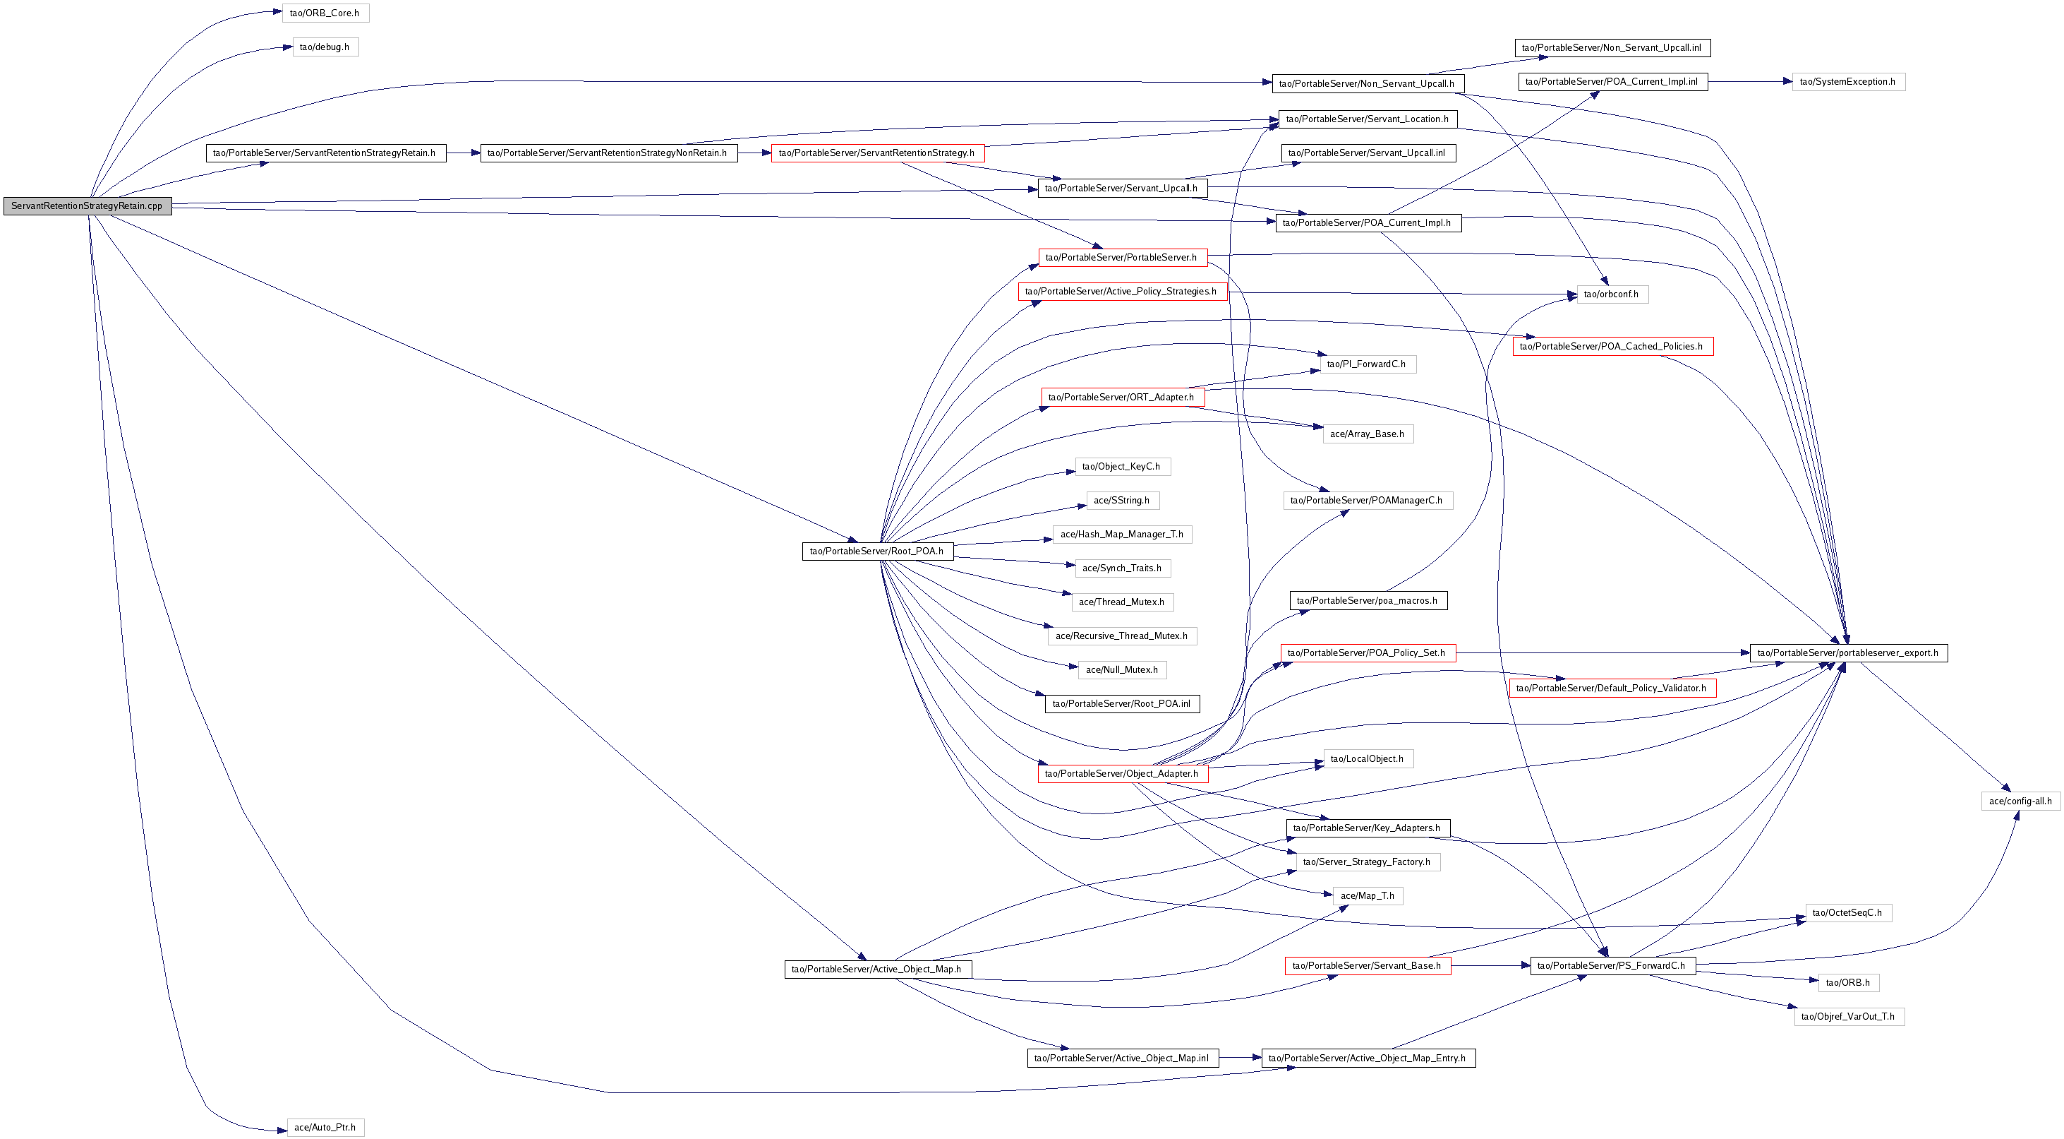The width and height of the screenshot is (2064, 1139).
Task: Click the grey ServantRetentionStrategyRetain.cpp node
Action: pyautogui.click(x=87, y=206)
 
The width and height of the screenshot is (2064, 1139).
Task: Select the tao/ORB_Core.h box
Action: pyautogui.click(x=325, y=13)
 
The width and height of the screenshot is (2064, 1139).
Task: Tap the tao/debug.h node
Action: pyautogui.click(x=325, y=47)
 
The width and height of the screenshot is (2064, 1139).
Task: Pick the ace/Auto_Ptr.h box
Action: pyautogui.click(x=325, y=1127)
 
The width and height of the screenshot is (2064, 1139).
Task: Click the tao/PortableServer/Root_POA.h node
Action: pyautogui.click(x=876, y=551)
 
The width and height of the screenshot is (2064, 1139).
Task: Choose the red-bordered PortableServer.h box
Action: pyautogui.click(x=1122, y=257)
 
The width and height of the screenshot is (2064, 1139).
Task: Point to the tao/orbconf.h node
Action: pyautogui.click(x=1611, y=294)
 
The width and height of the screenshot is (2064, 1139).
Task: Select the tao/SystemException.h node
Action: pyautogui.click(x=1847, y=82)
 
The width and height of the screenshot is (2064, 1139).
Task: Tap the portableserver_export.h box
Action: pyautogui.click(x=1847, y=653)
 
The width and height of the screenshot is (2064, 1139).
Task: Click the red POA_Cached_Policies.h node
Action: pyautogui.click(x=1612, y=346)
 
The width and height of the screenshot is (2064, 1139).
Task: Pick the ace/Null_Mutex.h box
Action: pyautogui.click(x=1122, y=670)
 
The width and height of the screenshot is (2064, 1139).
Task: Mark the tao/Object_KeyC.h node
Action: pyautogui.click(x=1122, y=467)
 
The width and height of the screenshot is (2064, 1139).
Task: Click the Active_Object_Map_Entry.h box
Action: pyautogui.click(x=1368, y=1058)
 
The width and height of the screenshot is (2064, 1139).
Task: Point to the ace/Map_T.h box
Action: pyautogui.click(x=1368, y=896)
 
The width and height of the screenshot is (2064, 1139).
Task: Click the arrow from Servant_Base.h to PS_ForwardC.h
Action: pyautogui.click(x=1490, y=966)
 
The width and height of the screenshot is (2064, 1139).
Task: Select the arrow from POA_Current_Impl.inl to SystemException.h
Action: pyautogui.click(x=1750, y=82)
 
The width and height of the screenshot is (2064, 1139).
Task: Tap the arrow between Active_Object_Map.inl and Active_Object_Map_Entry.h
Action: pyautogui.click(x=1241, y=1058)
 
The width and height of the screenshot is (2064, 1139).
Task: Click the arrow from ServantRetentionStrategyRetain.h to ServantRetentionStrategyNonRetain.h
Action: pyautogui.click(x=463, y=153)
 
